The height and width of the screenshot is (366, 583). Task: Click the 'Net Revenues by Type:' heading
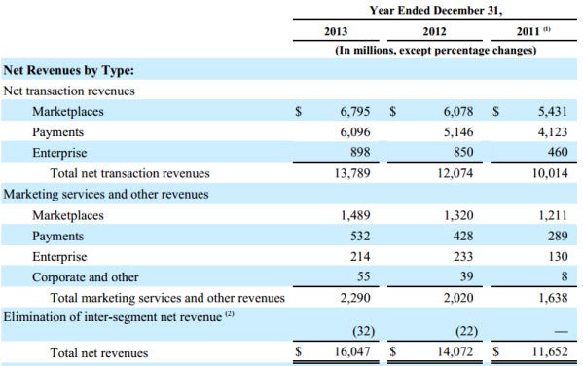[69, 70]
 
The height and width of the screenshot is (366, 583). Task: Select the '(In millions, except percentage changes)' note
[436, 50]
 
